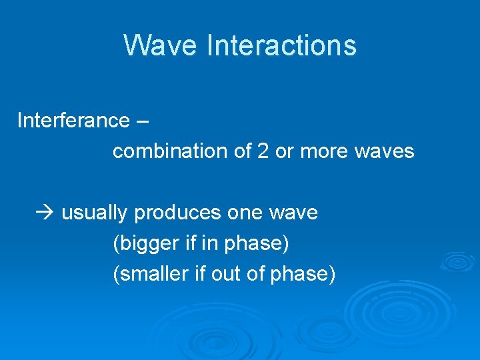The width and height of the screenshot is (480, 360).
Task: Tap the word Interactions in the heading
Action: (x=282, y=45)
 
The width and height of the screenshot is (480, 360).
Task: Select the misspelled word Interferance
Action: (x=73, y=121)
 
